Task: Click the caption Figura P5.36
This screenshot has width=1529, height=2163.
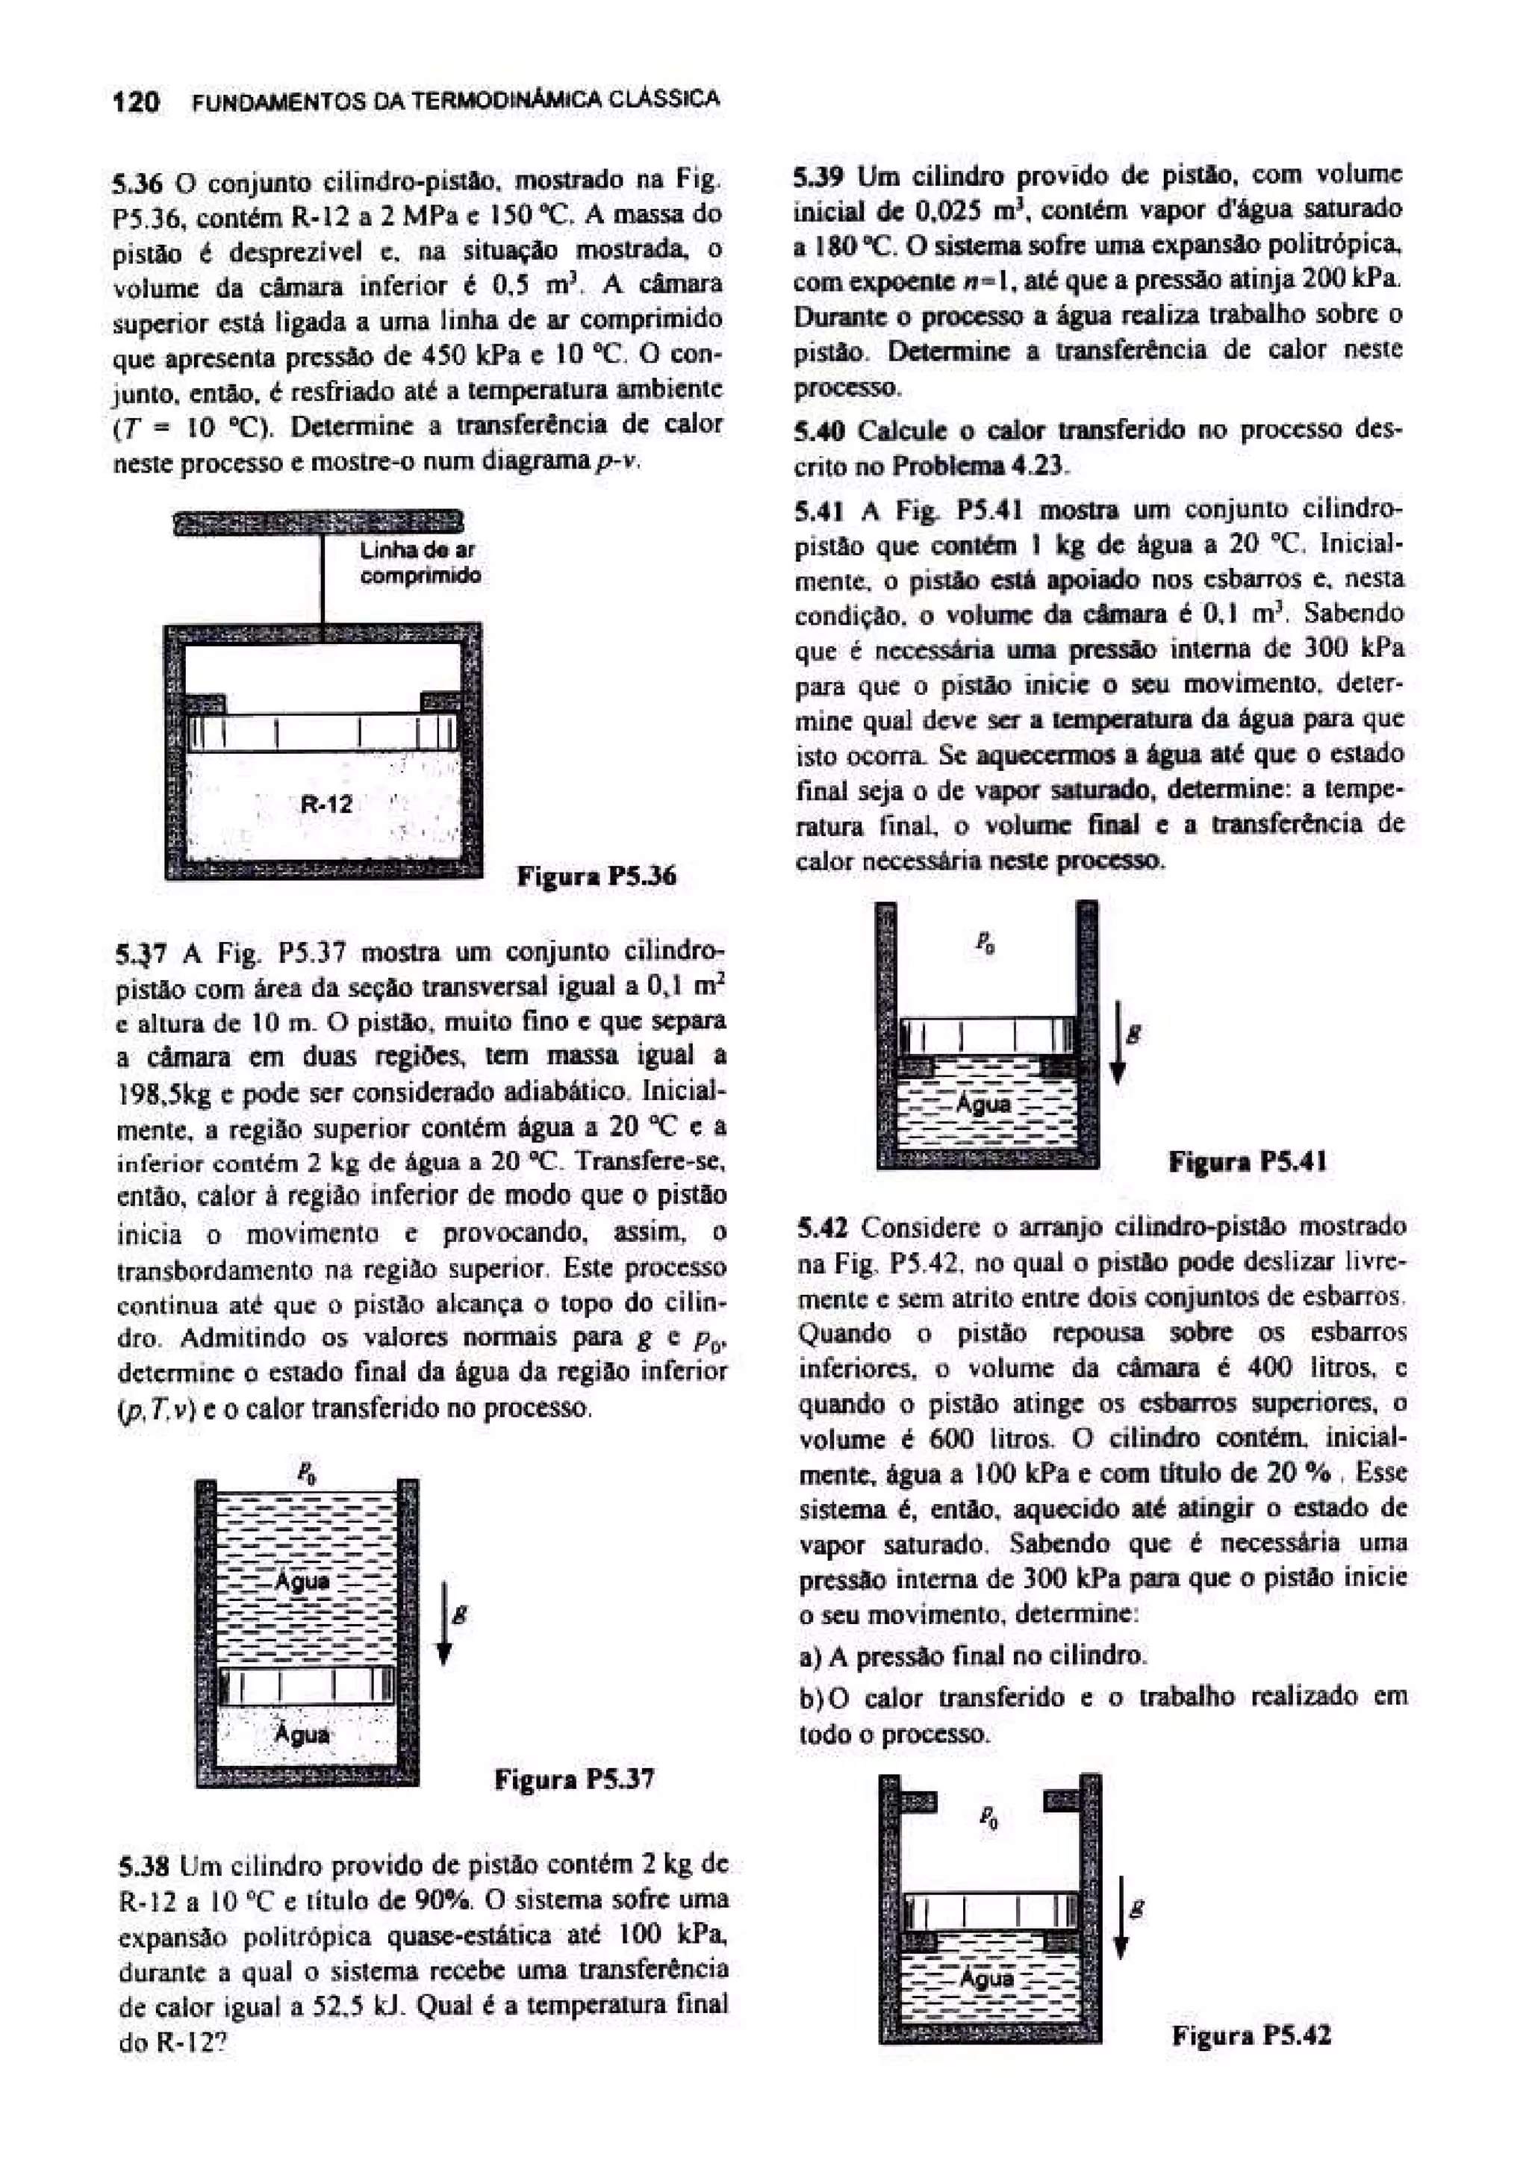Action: point(597,877)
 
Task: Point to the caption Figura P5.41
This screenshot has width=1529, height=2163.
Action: point(1248,1161)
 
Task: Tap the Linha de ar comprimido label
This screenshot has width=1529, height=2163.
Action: point(420,563)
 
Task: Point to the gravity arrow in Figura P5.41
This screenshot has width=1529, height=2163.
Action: point(1118,1043)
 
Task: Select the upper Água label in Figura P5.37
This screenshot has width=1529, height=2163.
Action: point(302,1582)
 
